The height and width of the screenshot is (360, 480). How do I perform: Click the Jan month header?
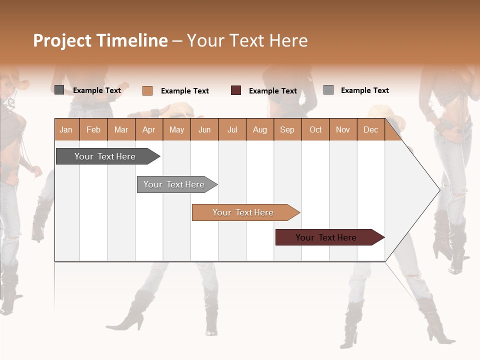pyautogui.click(x=66, y=129)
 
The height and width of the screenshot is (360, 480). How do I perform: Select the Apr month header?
pyautogui.click(x=149, y=129)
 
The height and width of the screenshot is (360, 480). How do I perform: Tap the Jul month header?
pyautogui.click(x=232, y=129)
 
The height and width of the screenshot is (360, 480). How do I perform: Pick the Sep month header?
pyautogui.click(x=287, y=129)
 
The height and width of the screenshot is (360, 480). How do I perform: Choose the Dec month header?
pyautogui.click(x=370, y=129)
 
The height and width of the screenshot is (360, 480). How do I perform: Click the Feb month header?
pyautogui.click(x=93, y=129)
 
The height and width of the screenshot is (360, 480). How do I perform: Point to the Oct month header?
pyautogui.click(x=315, y=129)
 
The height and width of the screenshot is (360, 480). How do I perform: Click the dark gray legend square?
pyautogui.click(x=59, y=90)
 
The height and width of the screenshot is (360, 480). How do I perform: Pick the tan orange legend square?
pyautogui.click(x=147, y=90)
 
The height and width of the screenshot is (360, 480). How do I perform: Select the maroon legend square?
pyautogui.click(x=236, y=90)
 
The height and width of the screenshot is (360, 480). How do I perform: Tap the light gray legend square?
pyautogui.click(x=328, y=90)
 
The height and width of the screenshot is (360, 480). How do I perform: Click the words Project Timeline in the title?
pyautogui.click(x=100, y=40)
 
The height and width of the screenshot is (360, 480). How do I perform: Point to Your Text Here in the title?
pyautogui.click(x=247, y=40)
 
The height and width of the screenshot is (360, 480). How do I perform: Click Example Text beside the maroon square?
pyautogui.click(x=273, y=91)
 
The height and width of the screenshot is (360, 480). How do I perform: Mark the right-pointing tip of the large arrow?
pyautogui.click(x=438, y=189)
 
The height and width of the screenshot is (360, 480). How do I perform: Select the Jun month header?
pyautogui.click(x=204, y=129)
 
